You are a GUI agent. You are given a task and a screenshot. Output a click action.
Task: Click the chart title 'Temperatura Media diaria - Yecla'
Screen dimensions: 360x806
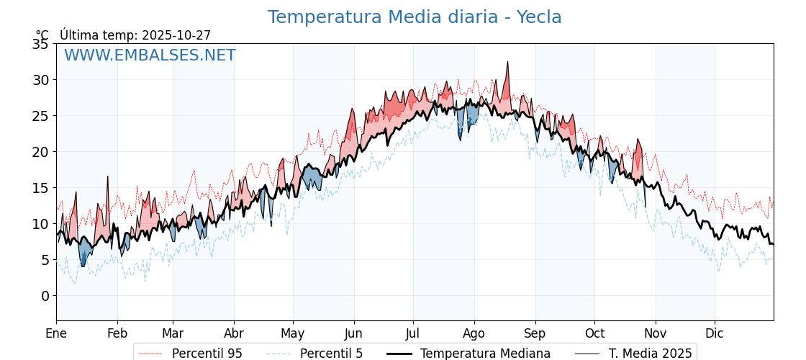415,17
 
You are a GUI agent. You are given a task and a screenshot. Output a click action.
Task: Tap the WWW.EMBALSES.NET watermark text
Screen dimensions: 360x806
150,55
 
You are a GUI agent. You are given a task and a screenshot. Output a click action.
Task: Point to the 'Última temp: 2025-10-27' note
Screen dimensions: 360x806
135,35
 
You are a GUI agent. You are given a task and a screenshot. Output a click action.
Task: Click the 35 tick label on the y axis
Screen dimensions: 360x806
40,44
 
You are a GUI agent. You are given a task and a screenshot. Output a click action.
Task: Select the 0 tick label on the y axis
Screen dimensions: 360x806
45,296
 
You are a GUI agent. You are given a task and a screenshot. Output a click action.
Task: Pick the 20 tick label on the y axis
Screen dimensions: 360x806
40,152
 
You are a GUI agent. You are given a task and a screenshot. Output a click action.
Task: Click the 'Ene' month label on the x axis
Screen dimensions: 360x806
56,333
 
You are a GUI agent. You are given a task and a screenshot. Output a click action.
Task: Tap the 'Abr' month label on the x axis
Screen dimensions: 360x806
233,333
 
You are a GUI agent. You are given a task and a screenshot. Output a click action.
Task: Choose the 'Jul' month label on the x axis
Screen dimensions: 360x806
413,333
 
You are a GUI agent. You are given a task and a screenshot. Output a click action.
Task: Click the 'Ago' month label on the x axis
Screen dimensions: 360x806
474,333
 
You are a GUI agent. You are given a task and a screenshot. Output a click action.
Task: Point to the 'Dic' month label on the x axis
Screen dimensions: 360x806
715,333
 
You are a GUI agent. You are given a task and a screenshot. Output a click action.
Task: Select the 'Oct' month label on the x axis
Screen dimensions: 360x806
594,333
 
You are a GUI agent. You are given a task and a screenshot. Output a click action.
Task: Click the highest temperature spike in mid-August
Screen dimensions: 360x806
508,63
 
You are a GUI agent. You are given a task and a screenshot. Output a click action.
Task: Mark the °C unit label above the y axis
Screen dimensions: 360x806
42,35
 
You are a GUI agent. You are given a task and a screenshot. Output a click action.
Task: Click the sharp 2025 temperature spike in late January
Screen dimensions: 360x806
108,176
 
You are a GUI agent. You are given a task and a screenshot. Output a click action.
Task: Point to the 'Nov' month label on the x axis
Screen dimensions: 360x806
655,333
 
